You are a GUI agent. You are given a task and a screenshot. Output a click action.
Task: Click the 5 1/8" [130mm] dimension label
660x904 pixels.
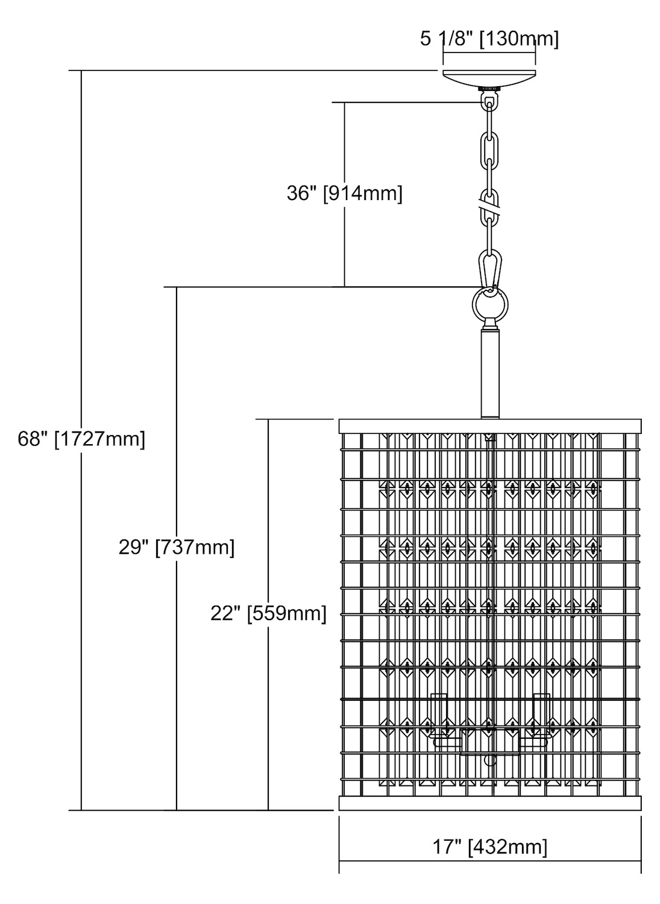click(x=489, y=39)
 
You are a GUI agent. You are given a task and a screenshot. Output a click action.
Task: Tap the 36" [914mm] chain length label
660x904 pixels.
click(x=344, y=193)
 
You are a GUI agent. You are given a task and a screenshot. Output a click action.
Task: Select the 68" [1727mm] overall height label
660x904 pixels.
click(x=81, y=438)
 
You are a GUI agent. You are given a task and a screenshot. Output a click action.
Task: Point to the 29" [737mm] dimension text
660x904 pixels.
click(x=177, y=547)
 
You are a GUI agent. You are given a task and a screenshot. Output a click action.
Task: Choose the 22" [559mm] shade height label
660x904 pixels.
click(x=268, y=613)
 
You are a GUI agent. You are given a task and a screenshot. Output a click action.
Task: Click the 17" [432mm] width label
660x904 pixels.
click(x=489, y=847)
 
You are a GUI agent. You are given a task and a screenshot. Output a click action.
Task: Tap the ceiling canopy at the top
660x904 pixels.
click(x=489, y=78)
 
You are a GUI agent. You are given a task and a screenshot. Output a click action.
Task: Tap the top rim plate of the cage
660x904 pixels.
click(x=489, y=425)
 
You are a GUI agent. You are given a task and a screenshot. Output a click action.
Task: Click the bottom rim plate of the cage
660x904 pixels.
click(x=489, y=803)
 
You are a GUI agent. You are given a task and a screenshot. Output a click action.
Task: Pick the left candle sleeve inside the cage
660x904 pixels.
click(x=439, y=715)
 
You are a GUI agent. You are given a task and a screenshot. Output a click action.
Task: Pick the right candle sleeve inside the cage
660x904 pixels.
click(x=541, y=715)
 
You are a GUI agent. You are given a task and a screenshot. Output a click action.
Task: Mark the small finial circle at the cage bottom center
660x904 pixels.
click(x=490, y=761)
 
